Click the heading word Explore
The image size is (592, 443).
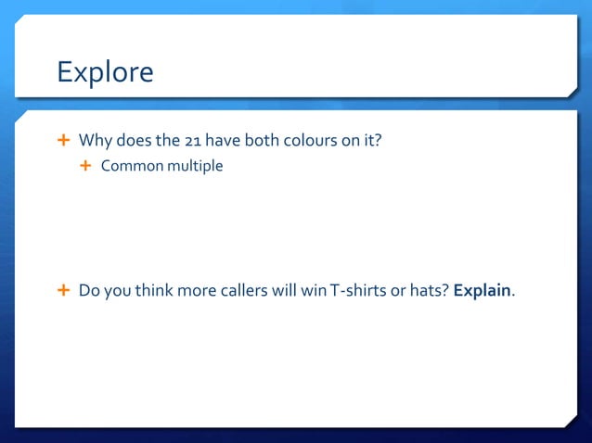(105, 72)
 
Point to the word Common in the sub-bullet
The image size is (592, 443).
(132, 167)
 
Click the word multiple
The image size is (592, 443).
(195, 167)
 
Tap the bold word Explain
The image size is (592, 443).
(482, 290)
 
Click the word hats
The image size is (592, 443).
(429, 290)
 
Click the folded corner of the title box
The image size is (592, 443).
(571, 90)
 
